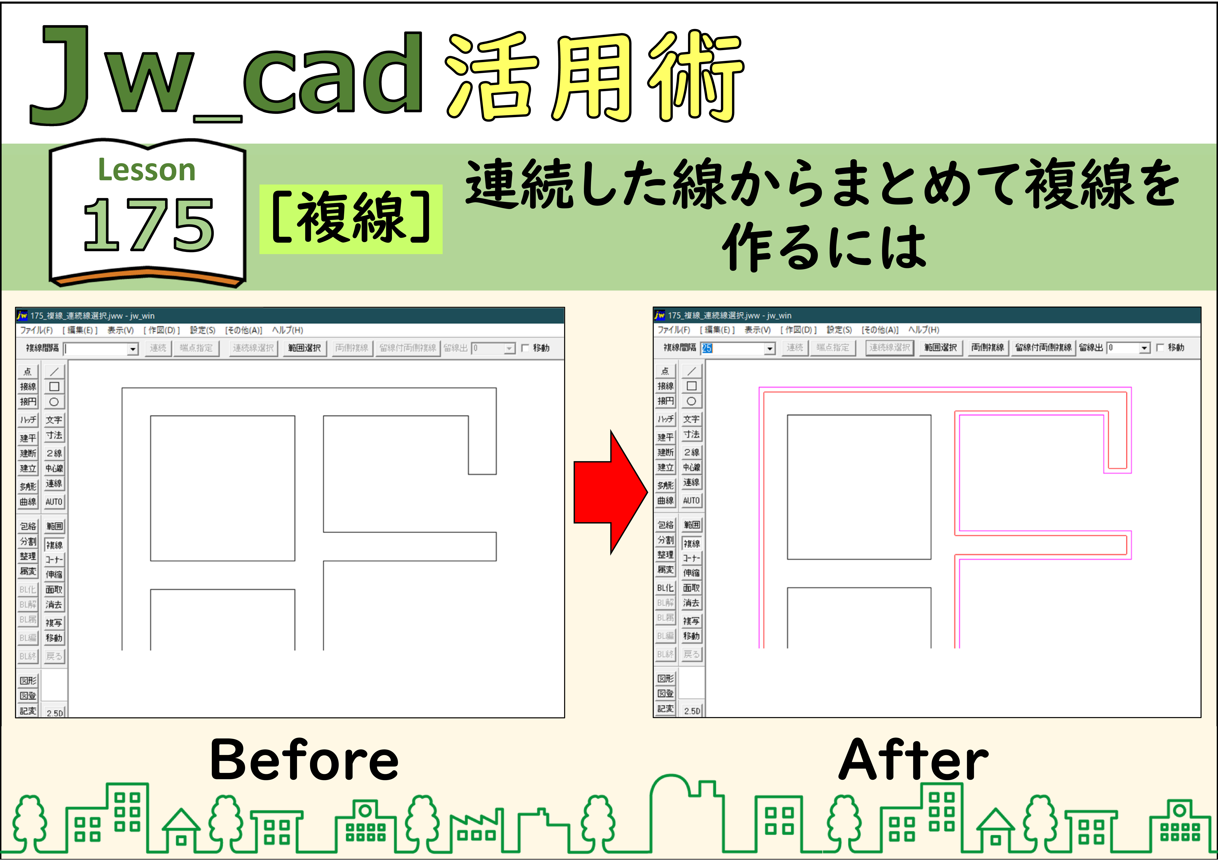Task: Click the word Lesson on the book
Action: tap(147, 170)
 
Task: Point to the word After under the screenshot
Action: tap(914, 760)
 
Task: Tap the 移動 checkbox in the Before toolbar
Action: tap(525, 348)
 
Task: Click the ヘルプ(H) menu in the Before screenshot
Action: tap(287, 330)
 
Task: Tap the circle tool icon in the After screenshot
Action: tap(691, 401)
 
